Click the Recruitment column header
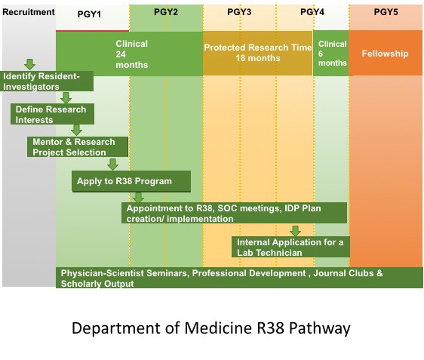point(29,12)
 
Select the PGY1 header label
point(89,14)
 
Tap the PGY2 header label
point(166,12)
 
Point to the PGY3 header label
point(239,12)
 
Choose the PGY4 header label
point(312,12)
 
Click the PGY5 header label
point(386,12)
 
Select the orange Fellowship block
point(386,53)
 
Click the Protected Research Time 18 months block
point(258,54)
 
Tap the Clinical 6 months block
point(331,53)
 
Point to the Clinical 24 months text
point(132,54)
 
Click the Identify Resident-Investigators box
point(47,82)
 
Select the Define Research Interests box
point(53,114)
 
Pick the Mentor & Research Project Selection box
point(78,147)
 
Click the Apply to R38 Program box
point(131,181)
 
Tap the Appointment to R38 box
point(234,213)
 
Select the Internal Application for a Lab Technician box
point(290,247)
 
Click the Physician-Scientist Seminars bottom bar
point(239,278)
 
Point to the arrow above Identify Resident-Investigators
point(29,64)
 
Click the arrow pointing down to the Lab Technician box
point(295,231)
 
